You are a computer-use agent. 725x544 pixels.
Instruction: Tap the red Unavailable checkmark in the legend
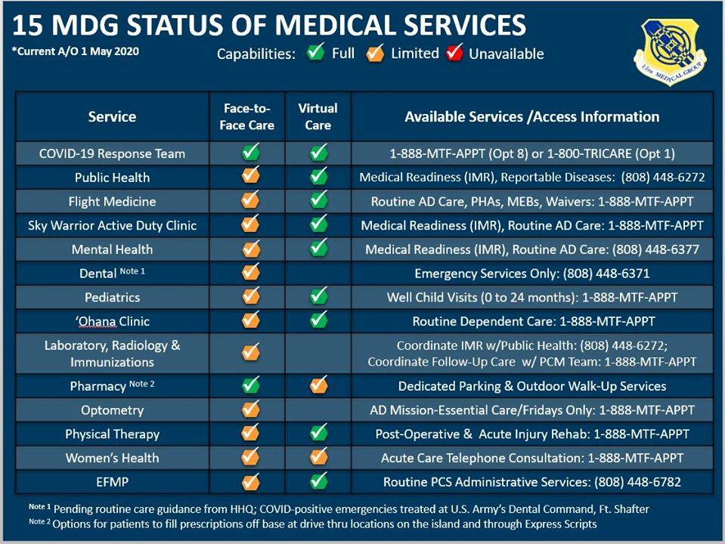[x=454, y=54]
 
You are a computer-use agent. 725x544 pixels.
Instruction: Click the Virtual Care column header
[x=318, y=116]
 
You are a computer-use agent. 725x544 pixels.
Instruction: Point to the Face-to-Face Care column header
[x=247, y=116]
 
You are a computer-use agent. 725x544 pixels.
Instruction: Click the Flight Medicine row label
[x=112, y=202]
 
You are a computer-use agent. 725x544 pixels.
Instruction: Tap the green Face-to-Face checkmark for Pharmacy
[x=250, y=385]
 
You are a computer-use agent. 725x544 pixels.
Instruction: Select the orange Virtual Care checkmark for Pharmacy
[x=319, y=385]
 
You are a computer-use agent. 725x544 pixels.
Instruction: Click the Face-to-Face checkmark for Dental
[x=250, y=273]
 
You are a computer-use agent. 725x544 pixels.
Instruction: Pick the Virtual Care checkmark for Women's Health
[x=319, y=457]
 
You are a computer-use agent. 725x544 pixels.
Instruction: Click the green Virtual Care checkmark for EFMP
[x=319, y=481]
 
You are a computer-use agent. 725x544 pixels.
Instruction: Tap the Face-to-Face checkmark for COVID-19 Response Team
[x=250, y=153]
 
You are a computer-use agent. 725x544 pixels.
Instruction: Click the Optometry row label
[x=112, y=410]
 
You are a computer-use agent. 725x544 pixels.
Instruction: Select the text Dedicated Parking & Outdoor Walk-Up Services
[x=532, y=386]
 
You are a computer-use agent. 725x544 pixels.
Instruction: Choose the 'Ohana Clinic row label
[x=112, y=321]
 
